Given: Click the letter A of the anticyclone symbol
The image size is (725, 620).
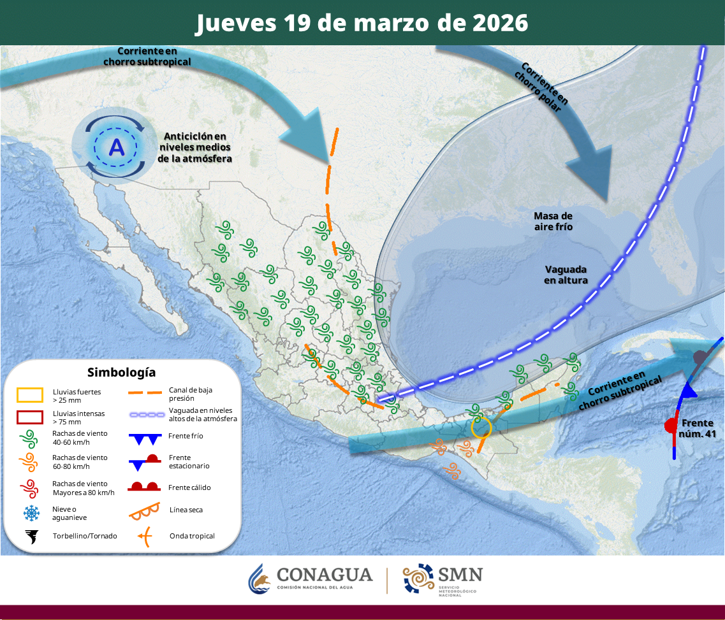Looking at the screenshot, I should [x=117, y=147].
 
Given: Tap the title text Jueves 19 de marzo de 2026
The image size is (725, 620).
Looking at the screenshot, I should [x=362, y=23].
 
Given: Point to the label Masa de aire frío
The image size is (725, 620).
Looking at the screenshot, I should [x=553, y=221].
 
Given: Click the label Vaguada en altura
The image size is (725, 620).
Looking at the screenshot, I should [x=566, y=275].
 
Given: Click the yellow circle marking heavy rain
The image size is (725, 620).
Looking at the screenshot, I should [x=481, y=427].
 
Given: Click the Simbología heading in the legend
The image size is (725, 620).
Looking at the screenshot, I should [x=121, y=372].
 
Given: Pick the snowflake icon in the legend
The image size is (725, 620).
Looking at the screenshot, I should [x=30, y=512].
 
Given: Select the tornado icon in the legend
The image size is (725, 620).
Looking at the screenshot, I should [x=30, y=536].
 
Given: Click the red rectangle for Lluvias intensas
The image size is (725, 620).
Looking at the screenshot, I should [x=30, y=418].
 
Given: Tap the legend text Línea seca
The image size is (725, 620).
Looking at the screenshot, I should [x=186, y=510].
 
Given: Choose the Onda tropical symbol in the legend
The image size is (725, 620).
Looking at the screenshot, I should [x=146, y=537].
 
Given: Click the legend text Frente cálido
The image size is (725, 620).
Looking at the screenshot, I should [x=190, y=487].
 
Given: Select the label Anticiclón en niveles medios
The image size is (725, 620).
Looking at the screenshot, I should [x=194, y=147].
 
